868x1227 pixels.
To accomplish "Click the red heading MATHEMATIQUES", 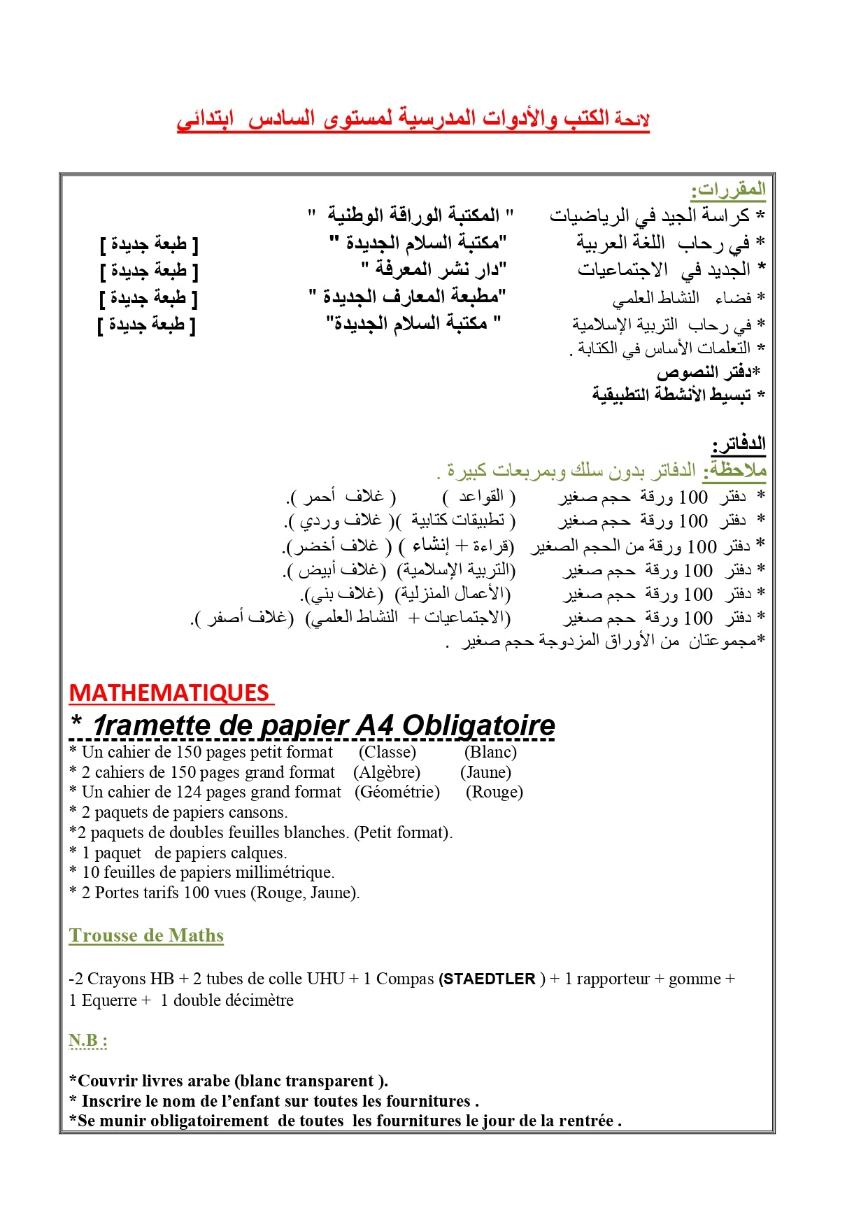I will (x=169, y=693).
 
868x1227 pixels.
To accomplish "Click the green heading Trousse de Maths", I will (x=146, y=935).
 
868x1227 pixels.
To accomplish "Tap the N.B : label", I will (x=87, y=1040).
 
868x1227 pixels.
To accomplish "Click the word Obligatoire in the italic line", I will (x=478, y=725).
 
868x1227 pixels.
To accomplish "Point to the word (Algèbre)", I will (x=387, y=772).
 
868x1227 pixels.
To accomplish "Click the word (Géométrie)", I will (x=397, y=792).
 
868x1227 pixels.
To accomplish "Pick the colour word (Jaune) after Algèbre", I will (x=485, y=772).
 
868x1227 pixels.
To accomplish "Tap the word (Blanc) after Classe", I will (x=490, y=752).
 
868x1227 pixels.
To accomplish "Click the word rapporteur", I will (x=613, y=979).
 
